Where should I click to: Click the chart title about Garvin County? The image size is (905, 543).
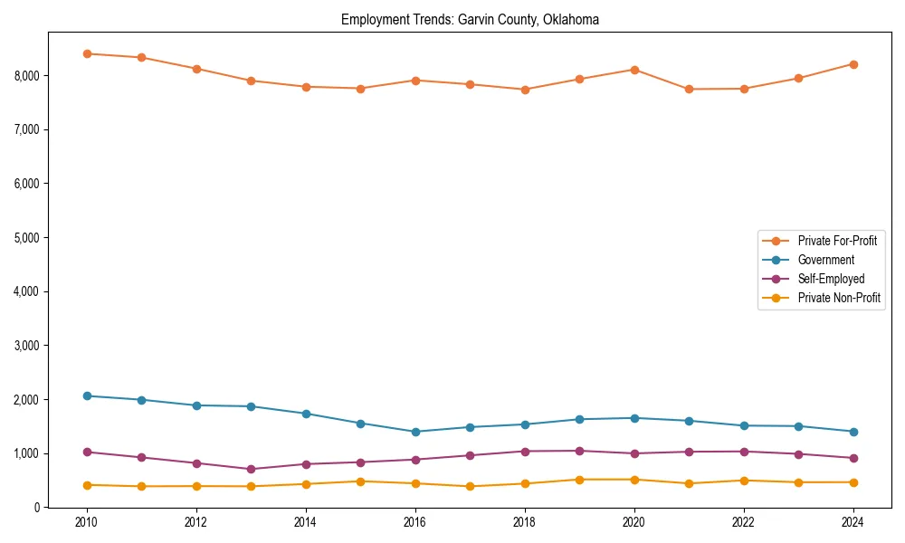point(470,19)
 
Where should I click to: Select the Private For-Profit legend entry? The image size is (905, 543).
point(836,241)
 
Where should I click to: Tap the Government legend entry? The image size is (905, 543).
point(825,260)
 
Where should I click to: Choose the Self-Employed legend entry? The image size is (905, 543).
point(831,279)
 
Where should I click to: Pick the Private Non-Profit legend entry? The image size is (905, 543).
point(839,298)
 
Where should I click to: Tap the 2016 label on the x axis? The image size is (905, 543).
point(415,522)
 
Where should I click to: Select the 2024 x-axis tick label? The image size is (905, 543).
point(853,522)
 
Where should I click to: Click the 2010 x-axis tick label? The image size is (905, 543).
point(87,522)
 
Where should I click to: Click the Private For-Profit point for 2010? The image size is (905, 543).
point(87,53)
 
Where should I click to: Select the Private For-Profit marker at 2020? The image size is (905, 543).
point(634,70)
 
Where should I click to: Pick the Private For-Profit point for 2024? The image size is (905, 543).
point(853,64)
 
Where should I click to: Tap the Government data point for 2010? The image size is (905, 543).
point(87,395)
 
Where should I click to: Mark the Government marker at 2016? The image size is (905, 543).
point(415,432)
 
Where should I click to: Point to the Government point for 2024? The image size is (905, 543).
point(853,432)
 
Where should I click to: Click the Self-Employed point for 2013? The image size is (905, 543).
point(251,469)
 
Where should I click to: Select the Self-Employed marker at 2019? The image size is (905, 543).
point(579,451)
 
